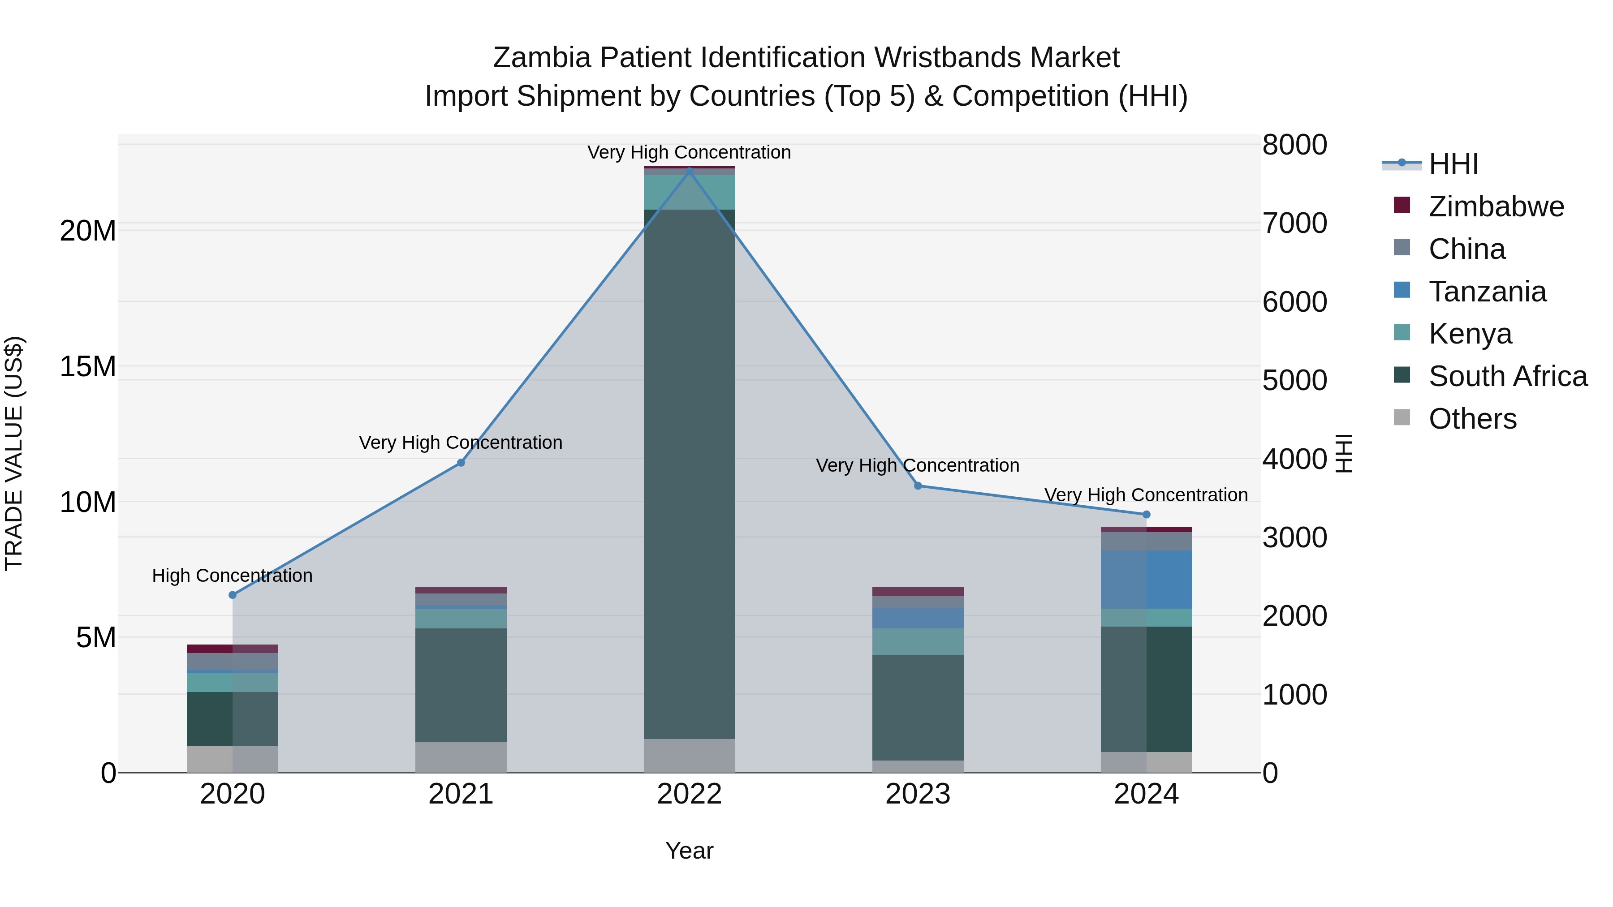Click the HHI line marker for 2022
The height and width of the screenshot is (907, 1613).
(690, 171)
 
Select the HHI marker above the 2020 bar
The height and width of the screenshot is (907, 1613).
(232, 595)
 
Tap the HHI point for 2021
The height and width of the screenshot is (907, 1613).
(461, 463)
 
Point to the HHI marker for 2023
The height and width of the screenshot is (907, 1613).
(918, 486)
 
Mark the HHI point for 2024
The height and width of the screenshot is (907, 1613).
(1147, 515)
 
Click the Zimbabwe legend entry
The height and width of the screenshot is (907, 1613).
(1496, 206)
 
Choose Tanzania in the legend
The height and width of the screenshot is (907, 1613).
(1487, 292)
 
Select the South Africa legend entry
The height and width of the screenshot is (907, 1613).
(1507, 376)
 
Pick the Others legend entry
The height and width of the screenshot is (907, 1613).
(1472, 419)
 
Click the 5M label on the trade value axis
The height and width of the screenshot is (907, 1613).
(96, 638)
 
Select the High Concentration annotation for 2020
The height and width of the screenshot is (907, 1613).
(232, 575)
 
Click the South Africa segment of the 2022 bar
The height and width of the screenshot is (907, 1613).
(690, 474)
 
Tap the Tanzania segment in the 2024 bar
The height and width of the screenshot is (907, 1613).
(1147, 580)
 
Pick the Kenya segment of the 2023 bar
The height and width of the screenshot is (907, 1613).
(918, 641)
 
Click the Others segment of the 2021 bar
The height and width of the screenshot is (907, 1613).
(461, 757)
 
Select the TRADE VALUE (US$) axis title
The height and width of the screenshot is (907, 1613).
(14, 453)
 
